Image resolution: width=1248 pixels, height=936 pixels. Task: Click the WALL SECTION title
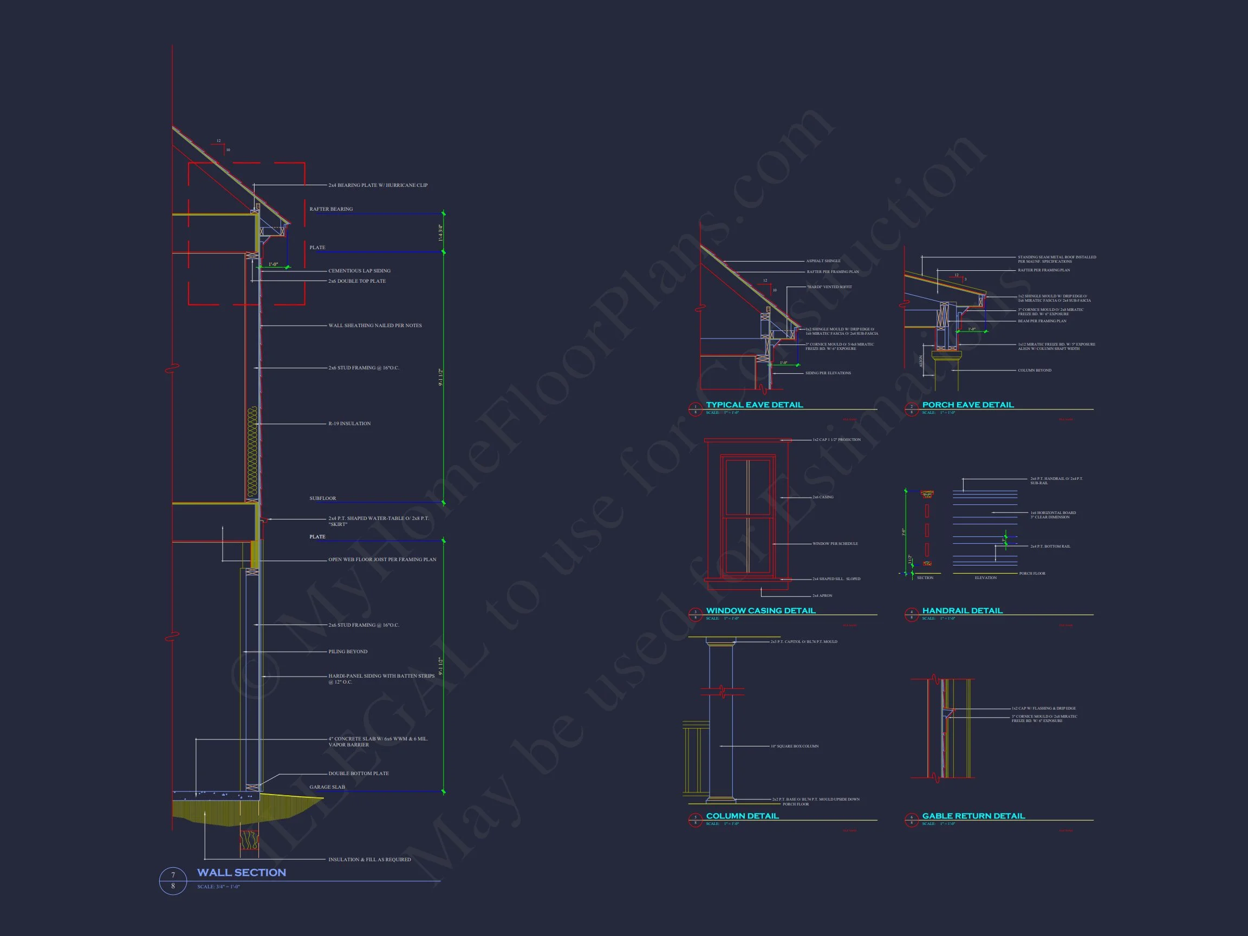pos(242,872)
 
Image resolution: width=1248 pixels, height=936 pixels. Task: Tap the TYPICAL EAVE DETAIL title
pos(755,405)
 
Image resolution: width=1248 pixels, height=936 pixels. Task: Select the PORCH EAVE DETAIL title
pos(967,405)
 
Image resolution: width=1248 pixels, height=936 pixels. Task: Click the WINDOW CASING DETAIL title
pos(760,610)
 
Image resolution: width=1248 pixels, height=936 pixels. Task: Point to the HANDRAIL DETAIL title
pos(962,610)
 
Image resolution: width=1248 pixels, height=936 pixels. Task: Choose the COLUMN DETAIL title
pos(742,816)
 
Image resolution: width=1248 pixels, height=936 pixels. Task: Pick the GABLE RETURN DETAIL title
pos(973,816)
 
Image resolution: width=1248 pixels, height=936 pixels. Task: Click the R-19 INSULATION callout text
pos(349,424)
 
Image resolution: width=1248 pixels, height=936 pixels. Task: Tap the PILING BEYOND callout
pos(348,652)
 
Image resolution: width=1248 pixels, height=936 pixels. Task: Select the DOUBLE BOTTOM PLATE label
pos(358,773)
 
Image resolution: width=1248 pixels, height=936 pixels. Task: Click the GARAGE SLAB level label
pos(327,787)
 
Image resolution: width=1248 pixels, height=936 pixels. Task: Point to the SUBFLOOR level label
pos(323,499)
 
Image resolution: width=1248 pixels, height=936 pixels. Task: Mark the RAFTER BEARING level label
pos(331,209)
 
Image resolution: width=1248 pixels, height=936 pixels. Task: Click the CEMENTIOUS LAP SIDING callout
pos(359,271)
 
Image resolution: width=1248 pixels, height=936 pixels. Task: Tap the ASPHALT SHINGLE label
pos(823,261)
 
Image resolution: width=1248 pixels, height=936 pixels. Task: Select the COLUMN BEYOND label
pos(1034,370)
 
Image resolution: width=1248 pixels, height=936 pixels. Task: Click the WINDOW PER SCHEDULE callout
pos(835,544)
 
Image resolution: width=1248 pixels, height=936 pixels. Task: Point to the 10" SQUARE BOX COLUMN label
pos(795,746)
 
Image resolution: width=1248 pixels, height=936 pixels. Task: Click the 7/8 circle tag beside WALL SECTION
pos(173,880)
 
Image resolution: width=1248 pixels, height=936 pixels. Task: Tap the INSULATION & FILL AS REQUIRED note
pos(369,860)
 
